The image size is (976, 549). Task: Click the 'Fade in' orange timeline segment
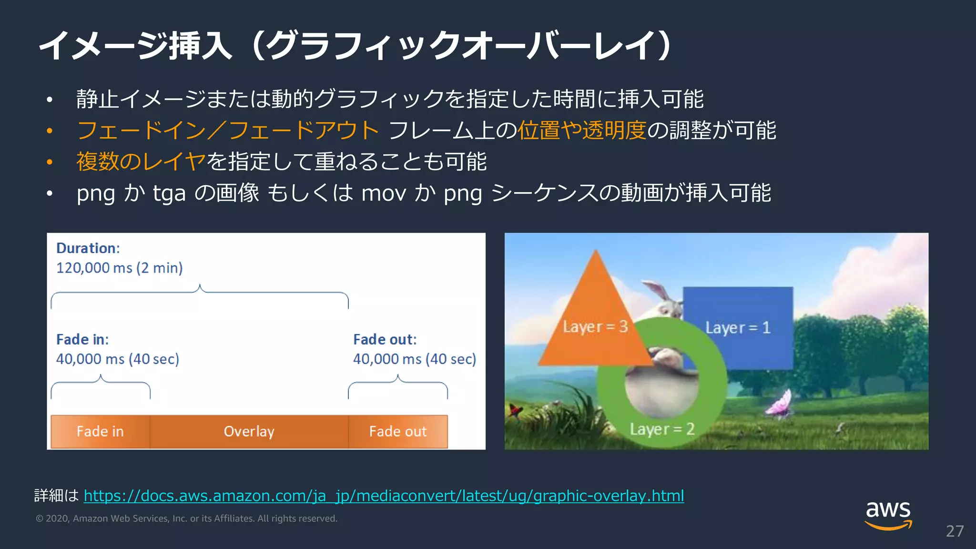click(x=100, y=431)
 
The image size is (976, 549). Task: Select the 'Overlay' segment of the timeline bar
click(x=249, y=431)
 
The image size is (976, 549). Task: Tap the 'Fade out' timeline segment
click(x=398, y=431)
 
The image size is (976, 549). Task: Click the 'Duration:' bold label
click(x=88, y=248)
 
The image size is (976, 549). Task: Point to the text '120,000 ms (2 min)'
click(x=119, y=268)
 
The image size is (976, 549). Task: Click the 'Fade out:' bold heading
click(x=385, y=339)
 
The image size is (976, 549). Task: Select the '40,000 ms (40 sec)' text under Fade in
click(x=117, y=359)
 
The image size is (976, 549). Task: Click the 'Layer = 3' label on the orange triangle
click(x=595, y=327)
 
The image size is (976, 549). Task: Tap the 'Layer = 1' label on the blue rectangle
click(x=737, y=328)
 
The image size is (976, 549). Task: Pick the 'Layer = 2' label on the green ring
click(x=661, y=429)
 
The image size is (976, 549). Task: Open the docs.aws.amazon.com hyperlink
click(x=384, y=496)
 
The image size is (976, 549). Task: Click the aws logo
click(x=888, y=515)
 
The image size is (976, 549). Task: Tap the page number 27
click(x=955, y=531)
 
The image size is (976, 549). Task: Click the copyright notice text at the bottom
click(x=186, y=518)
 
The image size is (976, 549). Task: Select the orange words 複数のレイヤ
click(x=141, y=162)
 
